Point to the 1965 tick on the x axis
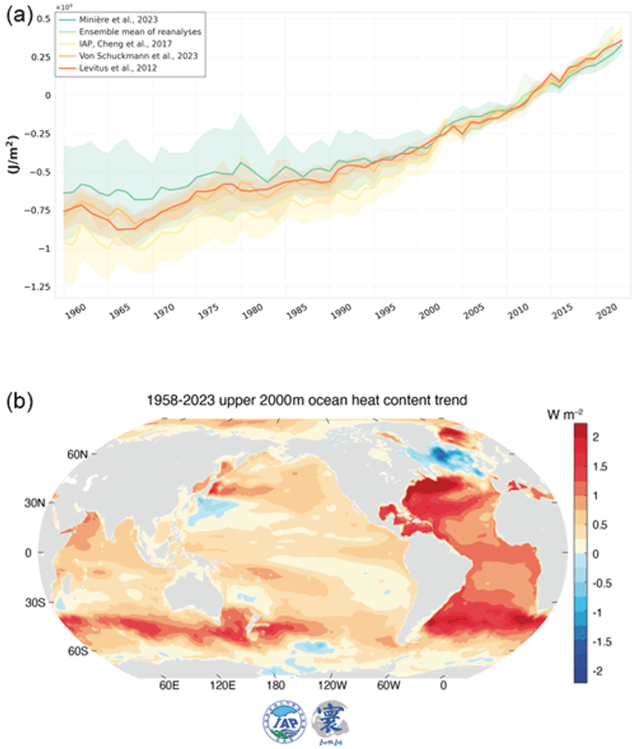(119, 314)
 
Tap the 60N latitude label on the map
(79, 454)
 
